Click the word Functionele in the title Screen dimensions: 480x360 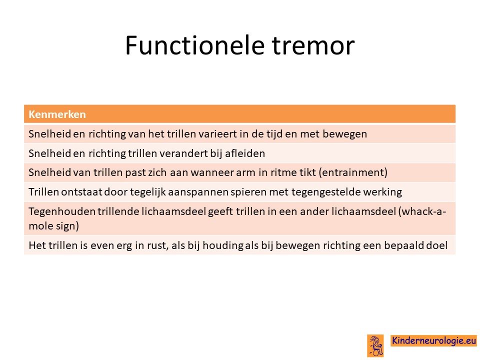[x=194, y=45]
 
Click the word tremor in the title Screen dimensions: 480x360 [x=313, y=45]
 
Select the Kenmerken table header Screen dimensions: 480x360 [x=57, y=114]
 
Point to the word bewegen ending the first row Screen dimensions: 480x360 [x=344, y=134]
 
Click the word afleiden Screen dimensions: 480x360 [x=245, y=153]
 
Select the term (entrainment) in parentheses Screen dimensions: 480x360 [x=353, y=172]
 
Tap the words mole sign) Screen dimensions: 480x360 [x=54, y=226]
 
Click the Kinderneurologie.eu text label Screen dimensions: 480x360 [x=434, y=340]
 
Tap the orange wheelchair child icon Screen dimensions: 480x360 [x=375, y=345]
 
